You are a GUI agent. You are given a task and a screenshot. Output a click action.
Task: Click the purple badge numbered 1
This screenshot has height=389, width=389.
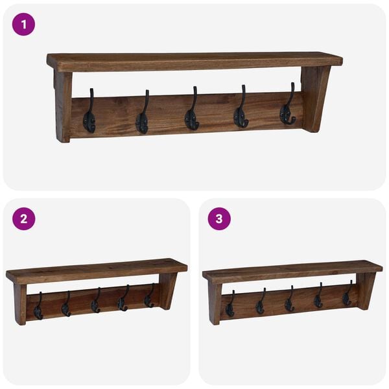tap(23, 25)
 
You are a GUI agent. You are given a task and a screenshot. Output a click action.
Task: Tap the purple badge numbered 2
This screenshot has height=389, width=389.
tap(23, 218)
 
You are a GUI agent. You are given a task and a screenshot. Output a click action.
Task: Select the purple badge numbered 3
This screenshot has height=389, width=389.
tap(219, 218)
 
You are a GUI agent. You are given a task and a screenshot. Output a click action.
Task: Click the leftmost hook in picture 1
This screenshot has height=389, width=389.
tap(89, 115)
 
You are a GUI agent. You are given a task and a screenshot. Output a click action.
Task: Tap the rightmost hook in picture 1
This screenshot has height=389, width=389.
tap(288, 109)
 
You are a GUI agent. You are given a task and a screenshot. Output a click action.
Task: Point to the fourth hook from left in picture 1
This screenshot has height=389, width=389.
tap(241, 112)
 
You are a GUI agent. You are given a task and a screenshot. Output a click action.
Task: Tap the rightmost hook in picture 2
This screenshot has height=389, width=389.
tap(149, 298)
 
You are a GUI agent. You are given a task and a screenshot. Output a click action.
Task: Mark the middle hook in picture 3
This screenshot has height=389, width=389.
tap(289, 301)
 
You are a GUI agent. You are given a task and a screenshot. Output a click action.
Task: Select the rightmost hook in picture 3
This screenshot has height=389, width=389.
tap(347, 297)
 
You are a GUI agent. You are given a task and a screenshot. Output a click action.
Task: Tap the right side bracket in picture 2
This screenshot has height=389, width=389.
tap(168, 290)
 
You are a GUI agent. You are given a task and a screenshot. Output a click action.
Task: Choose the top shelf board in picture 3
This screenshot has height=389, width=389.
tap(292, 269)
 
